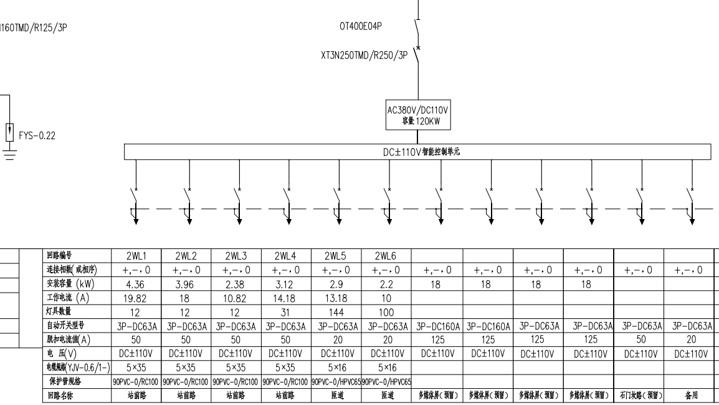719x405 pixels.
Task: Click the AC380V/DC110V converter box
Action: (417, 115)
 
